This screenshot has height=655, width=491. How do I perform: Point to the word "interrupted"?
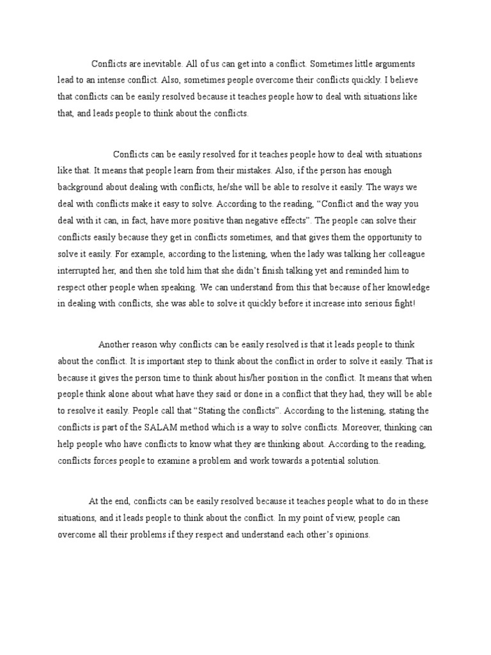click(x=81, y=271)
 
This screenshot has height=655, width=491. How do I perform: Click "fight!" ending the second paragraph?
click(x=403, y=303)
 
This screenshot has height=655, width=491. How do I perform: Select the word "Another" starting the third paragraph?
click(x=114, y=344)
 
